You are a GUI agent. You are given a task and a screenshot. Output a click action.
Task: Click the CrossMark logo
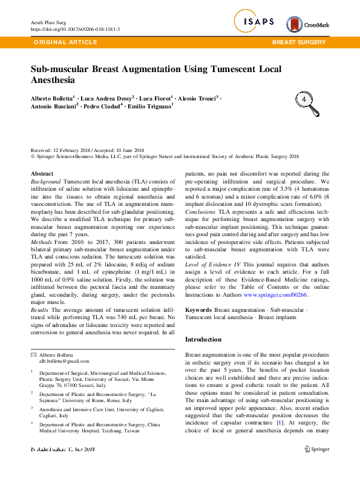(x=307, y=24)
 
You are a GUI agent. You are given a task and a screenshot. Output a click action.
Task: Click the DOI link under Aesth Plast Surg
(x=75, y=29)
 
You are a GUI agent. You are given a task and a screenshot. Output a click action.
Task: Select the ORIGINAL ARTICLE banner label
(x=65, y=42)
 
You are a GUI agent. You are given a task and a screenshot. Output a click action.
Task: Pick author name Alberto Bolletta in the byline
(x=51, y=97)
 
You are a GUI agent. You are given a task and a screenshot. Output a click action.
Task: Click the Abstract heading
(x=42, y=174)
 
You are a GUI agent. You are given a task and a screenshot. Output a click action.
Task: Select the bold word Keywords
(x=198, y=309)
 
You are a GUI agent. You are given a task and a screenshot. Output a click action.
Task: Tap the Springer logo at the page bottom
(x=317, y=449)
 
